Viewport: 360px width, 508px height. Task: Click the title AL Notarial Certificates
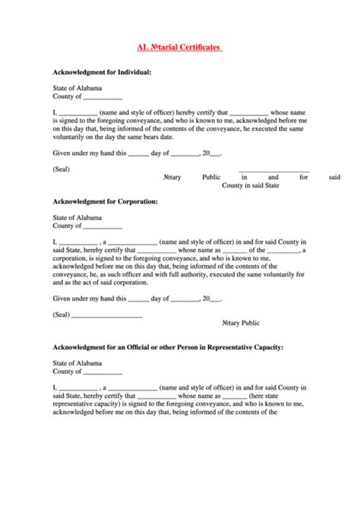pos(179,47)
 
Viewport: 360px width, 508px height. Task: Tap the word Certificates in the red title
pos(197,47)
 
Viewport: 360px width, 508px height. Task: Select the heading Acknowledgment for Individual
pos(102,72)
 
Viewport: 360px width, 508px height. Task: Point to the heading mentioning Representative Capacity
pos(168,347)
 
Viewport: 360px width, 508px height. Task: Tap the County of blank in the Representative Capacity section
pos(87,372)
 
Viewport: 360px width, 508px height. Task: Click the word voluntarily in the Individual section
pos(73,137)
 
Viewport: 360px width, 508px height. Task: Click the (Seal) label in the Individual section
pos(62,169)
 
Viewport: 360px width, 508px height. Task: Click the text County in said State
pos(251,185)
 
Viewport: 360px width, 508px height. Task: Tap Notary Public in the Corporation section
pos(241,323)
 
